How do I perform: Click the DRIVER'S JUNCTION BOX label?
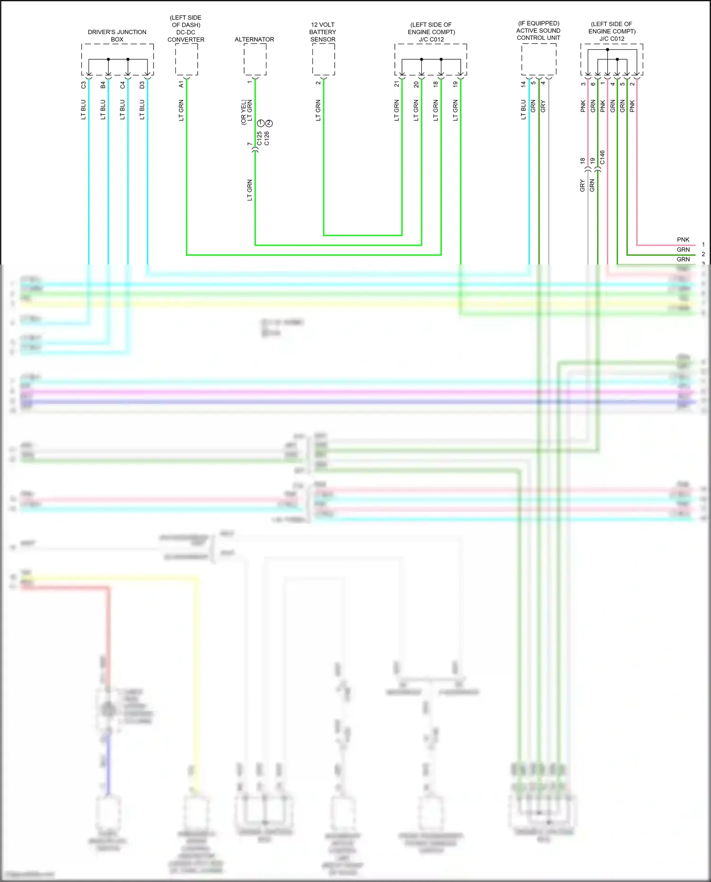(x=117, y=36)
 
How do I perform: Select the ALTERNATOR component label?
(x=254, y=39)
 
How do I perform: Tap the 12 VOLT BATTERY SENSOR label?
(x=323, y=32)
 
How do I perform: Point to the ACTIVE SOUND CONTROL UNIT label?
(x=538, y=30)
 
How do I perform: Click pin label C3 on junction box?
(x=83, y=85)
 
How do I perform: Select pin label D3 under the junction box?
(x=142, y=85)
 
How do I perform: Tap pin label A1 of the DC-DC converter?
(x=181, y=84)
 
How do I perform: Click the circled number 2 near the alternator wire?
(x=269, y=123)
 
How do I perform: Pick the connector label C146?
(x=602, y=157)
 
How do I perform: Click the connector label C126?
(x=267, y=138)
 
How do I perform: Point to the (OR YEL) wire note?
(x=244, y=112)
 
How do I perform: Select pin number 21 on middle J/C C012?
(x=397, y=84)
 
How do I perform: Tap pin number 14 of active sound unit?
(x=523, y=84)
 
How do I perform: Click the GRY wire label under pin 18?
(x=583, y=186)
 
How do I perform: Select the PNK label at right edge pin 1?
(x=683, y=240)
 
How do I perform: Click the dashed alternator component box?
(x=255, y=59)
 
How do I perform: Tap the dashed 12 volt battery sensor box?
(x=323, y=59)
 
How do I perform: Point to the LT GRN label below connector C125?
(x=250, y=190)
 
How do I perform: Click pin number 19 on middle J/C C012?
(x=456, y=84)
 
